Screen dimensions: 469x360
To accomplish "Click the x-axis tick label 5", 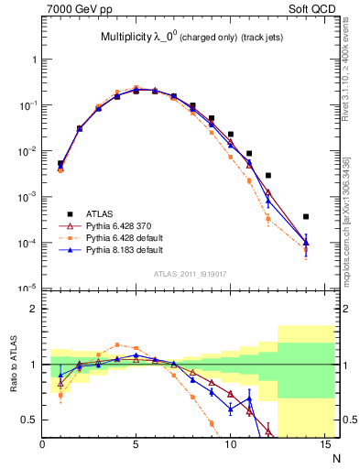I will (136, 445).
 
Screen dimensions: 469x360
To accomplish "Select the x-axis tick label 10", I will (229, 445).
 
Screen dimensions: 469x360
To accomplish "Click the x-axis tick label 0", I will (42, 445).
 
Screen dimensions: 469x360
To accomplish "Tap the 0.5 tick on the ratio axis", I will (29, 420).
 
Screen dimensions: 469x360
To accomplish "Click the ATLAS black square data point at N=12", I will (267, 175).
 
